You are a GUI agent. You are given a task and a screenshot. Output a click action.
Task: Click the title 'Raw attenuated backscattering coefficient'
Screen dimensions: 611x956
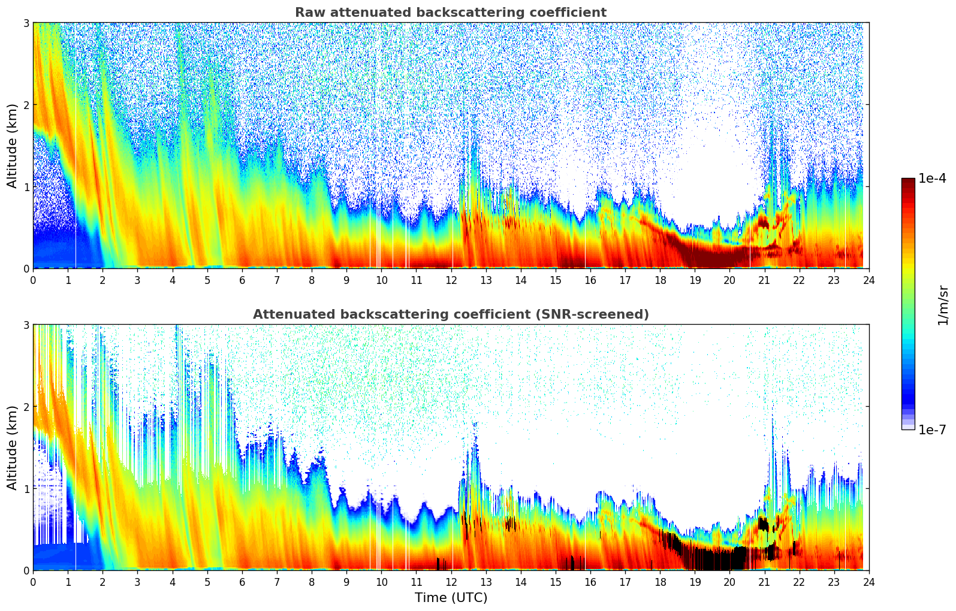coord(450,13)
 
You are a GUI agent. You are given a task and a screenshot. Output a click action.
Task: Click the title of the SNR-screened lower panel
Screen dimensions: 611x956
coord(450,314)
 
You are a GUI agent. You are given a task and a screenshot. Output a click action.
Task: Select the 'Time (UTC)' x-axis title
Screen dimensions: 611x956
coord(451,598)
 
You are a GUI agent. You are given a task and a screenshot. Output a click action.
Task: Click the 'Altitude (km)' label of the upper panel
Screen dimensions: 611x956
coord(12,146)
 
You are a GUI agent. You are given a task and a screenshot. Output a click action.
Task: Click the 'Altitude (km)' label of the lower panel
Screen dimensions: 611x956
coord(12,447)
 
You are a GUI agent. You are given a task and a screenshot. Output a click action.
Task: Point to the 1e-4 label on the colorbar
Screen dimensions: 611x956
coord(932,179)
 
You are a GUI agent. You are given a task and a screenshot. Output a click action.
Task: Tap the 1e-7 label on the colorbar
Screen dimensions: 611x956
coord(932,429)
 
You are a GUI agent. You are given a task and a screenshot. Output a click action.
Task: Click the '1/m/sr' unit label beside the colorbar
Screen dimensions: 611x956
coord(943,305)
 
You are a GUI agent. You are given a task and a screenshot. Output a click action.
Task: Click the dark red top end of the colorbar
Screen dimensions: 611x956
coord(907,182)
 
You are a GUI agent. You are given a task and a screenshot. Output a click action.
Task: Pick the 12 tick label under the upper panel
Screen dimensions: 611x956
coord(451,280)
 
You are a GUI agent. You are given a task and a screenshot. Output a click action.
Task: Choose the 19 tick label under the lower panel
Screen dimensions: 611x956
coord(695,582)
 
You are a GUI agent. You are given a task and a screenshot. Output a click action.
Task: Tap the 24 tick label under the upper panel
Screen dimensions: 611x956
coord(868,280)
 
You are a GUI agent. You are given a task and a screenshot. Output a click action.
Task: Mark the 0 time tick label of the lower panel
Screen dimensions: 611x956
coord(33,582)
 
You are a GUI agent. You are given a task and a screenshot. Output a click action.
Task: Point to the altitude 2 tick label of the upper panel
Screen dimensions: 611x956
coord(26,105)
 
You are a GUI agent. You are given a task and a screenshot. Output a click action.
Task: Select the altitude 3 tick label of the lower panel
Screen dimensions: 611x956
coord(26,325)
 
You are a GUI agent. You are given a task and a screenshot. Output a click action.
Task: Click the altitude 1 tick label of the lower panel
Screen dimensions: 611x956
coord(26,489)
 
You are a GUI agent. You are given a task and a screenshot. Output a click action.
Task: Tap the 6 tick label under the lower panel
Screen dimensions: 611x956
coord(242,582)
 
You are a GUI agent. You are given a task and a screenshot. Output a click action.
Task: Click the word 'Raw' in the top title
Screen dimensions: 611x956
coord(307,13)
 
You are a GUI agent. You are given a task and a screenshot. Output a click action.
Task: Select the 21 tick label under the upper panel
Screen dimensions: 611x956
coord(764,280)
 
